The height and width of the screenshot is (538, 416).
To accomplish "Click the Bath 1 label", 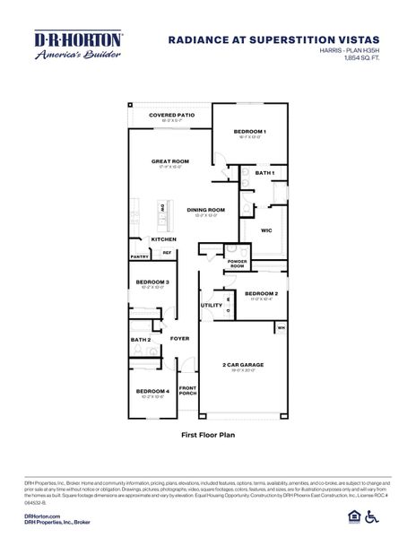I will click(264, 172).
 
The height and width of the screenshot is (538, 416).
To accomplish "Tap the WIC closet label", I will click(266, 230).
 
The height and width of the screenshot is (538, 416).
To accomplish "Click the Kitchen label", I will click(163, 239).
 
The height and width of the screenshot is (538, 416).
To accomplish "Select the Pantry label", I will click(139, 256).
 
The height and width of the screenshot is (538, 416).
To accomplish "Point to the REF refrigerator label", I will click(166, 253).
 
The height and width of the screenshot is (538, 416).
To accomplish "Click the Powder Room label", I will click(237, 264).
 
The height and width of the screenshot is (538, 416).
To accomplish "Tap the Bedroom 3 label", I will click(152, 282).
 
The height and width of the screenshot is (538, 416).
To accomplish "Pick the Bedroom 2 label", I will click(262, 293).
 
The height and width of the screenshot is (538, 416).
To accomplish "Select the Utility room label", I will click(212, 305).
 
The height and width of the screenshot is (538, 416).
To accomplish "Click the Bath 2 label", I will click(141, 340).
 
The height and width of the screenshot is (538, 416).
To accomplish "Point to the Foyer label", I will click(179, 339).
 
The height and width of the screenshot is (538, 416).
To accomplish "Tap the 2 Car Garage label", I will click(243, 365).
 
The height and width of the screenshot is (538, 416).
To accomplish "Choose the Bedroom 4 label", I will click(152, 391).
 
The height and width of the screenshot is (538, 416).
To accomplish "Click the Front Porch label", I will click(187, 390).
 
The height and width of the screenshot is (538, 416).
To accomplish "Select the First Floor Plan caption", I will click(207, 433).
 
